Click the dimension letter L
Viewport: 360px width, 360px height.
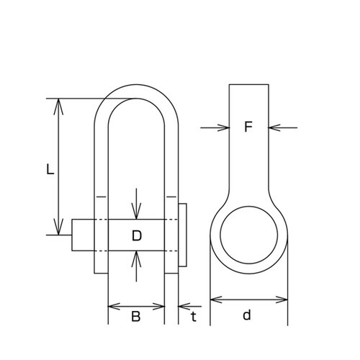50,169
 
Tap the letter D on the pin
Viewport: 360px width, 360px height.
137,235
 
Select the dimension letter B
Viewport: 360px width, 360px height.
136,316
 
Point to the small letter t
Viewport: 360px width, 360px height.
194,316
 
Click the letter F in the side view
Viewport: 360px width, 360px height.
248,127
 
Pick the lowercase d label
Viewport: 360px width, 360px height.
247,315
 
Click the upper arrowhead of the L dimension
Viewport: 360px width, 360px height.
58,107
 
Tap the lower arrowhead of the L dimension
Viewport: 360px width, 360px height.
58,227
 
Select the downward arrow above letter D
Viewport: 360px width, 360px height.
136,204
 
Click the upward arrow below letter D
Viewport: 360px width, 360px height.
136,266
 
